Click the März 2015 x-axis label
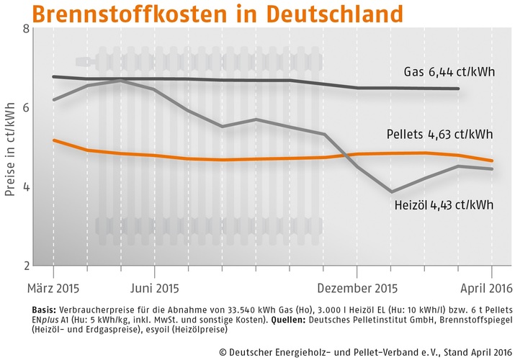coord(53,289)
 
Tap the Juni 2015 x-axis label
coord(154,289)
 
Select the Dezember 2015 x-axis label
coord(357,289)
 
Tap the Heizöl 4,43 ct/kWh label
coord(444,205)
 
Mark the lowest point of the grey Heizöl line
coord(391,192)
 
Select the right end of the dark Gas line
coord(459,89)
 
